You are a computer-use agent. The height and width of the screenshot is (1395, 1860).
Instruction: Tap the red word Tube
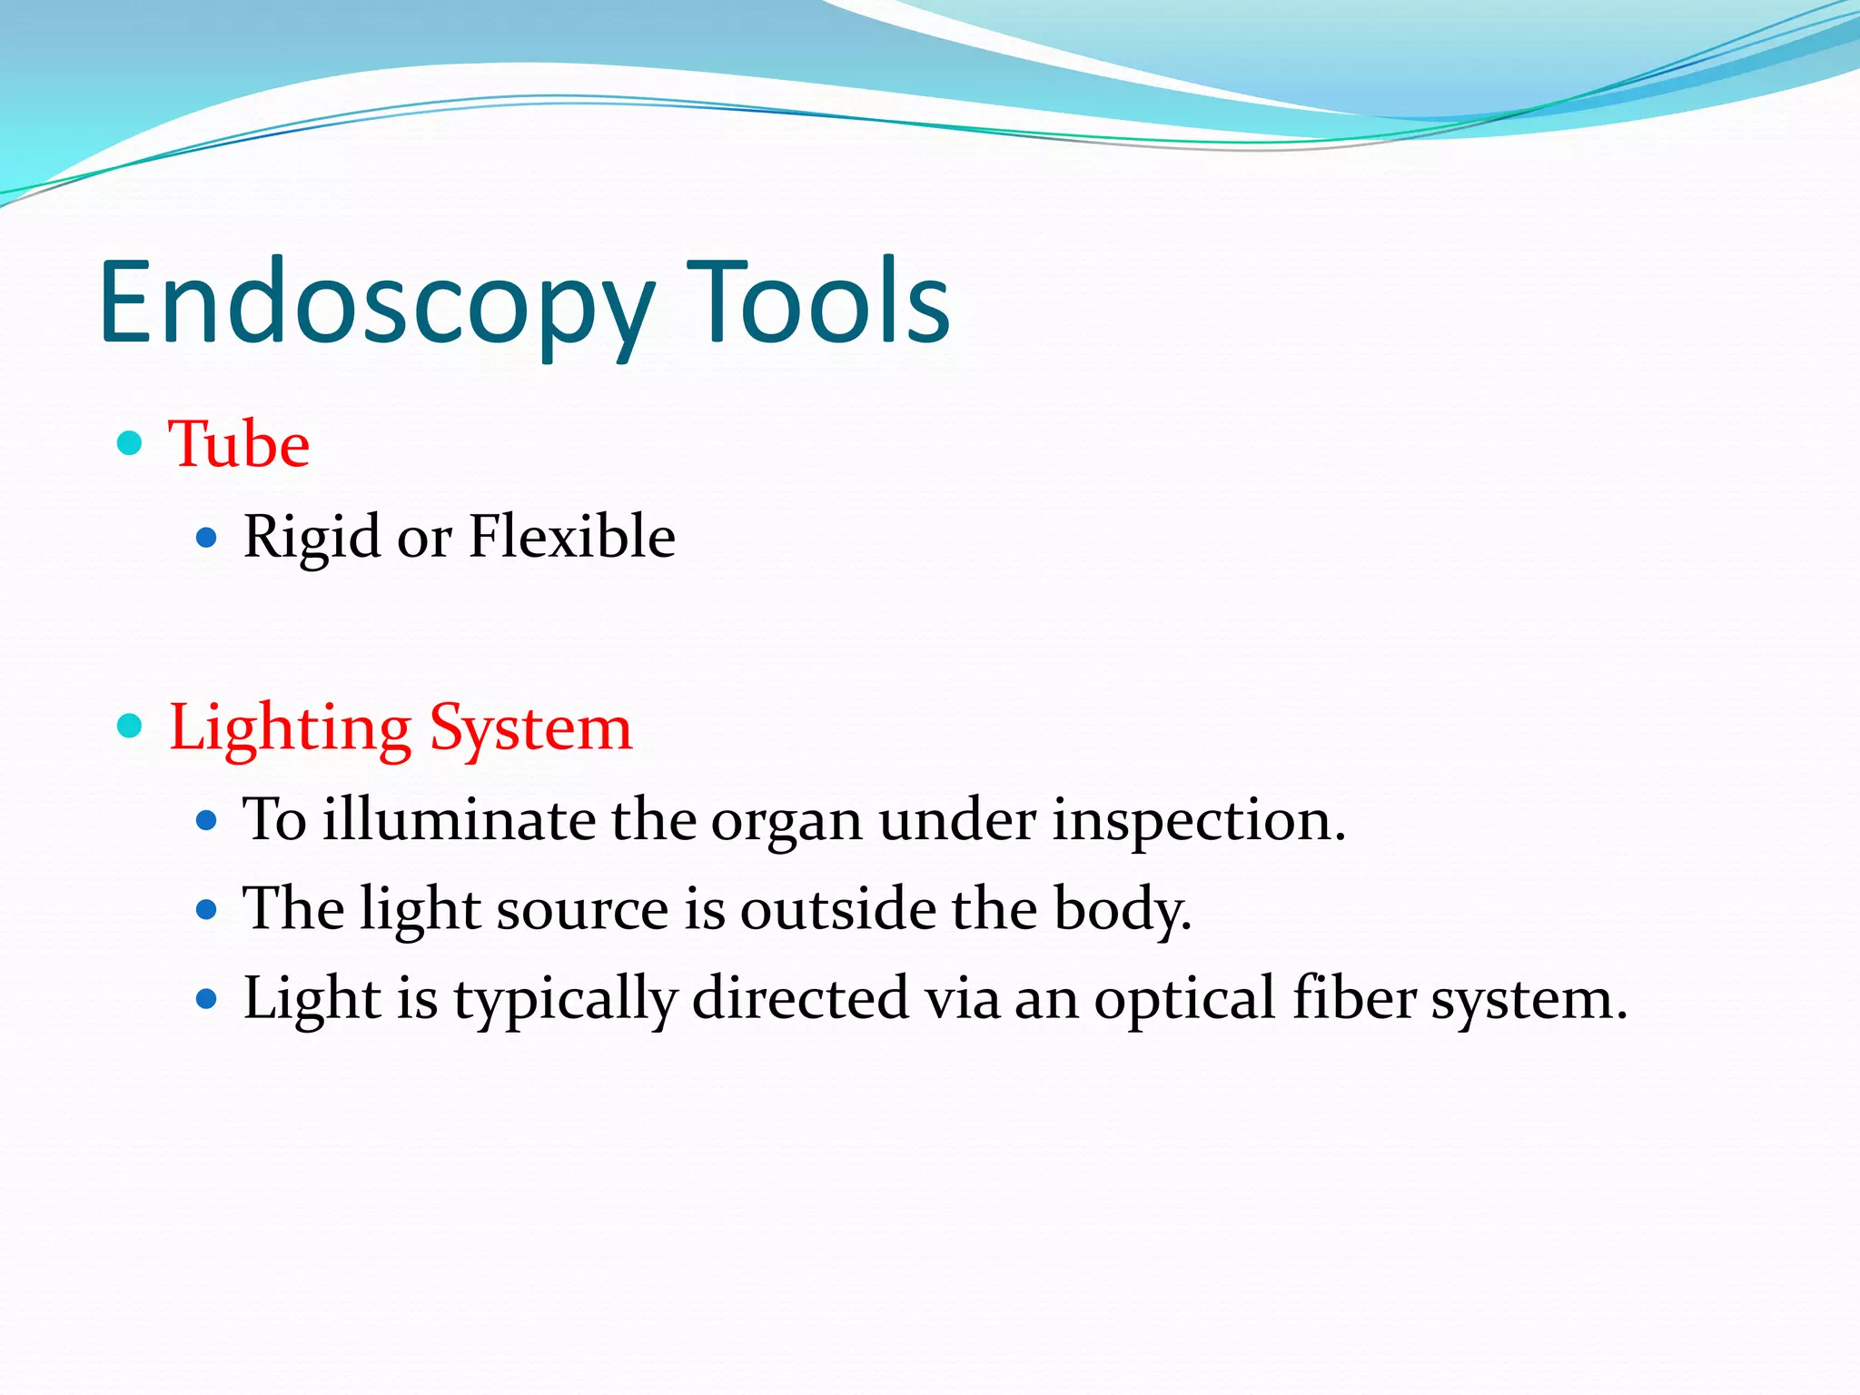[239, 445]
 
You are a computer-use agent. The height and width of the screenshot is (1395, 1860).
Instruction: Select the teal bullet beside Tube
[131, 443]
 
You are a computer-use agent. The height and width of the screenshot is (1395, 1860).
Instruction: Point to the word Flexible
[571, 536]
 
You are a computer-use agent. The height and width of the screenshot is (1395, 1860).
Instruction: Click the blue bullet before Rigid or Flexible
[207, 539]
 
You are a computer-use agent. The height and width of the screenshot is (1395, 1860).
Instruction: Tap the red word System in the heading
[530, 729]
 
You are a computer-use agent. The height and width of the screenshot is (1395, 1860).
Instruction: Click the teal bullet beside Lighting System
[131, 726]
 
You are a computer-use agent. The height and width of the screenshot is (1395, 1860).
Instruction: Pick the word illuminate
[459, 819]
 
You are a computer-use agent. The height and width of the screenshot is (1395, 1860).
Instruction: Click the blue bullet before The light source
[207, 910]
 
